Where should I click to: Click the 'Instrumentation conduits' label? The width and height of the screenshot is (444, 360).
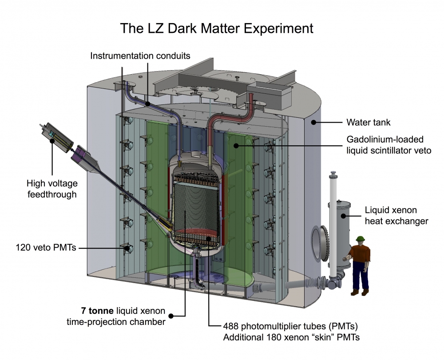[140, 56]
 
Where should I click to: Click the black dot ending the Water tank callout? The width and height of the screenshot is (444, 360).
[313, 121]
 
